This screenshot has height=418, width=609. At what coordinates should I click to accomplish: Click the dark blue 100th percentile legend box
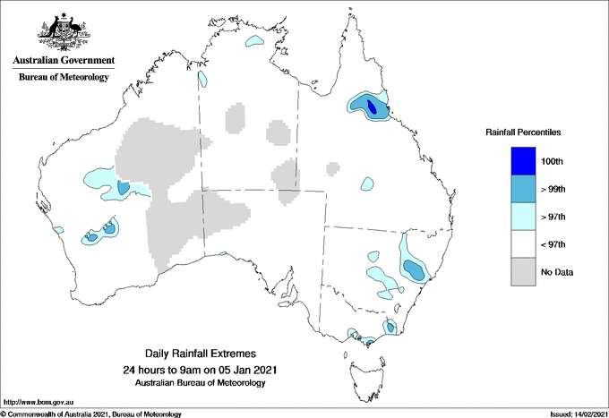click(524, 160)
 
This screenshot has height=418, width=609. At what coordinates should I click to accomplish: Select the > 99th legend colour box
click(524, 188)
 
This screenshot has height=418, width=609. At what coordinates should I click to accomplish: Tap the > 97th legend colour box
click(524, 216)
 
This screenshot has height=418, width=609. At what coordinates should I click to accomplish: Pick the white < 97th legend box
click(524, 243)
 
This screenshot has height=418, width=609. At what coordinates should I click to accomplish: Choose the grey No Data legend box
click(524, 271)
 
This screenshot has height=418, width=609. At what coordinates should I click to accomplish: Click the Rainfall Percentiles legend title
click(523, 132)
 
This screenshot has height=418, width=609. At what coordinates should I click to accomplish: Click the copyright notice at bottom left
click(90, 414)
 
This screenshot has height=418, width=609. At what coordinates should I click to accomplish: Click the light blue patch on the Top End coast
click(257, 41)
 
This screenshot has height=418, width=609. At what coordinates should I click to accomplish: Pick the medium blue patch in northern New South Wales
click(414, 268)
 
